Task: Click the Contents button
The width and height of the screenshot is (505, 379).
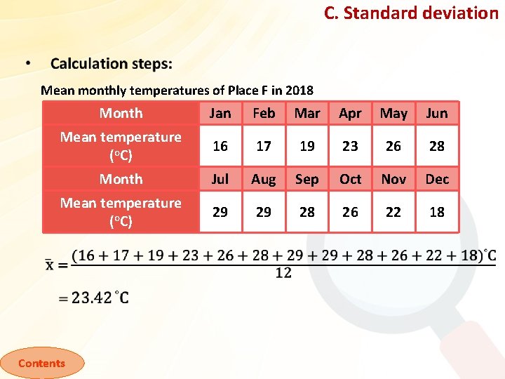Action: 41,363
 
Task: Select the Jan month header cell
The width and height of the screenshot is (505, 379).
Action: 220,113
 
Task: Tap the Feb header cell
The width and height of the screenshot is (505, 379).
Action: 264,113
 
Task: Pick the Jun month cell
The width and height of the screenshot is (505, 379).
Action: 437,113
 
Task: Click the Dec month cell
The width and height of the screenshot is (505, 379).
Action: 437,179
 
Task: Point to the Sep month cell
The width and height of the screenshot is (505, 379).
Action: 307,179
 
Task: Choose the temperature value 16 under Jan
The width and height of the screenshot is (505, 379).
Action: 220,146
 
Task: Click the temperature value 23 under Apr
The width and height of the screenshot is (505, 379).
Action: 350,146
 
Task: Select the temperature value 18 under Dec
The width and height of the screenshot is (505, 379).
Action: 437,212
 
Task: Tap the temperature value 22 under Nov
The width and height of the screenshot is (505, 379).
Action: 393,212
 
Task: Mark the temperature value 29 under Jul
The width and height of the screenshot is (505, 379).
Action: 220,212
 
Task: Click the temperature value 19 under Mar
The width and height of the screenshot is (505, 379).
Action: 307,146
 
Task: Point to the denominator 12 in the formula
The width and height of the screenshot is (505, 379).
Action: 283,273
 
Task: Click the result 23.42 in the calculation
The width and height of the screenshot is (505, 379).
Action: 91,298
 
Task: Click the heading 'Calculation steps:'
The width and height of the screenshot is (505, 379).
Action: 111,64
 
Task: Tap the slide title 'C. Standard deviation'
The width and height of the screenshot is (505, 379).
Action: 410,13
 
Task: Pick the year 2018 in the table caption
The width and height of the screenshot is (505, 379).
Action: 299,91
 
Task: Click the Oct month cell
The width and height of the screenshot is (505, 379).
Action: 350,179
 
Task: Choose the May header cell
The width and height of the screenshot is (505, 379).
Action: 393,113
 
